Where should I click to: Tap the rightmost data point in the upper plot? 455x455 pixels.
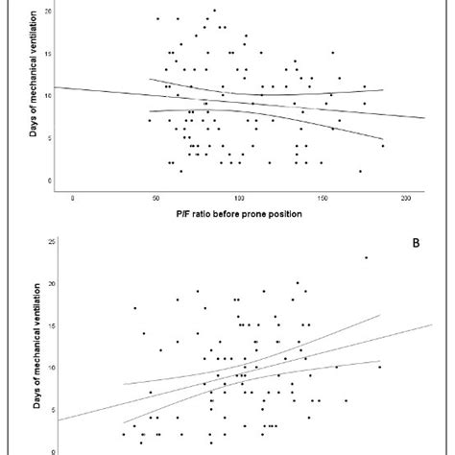pyautogui.click(x=383, y=146)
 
